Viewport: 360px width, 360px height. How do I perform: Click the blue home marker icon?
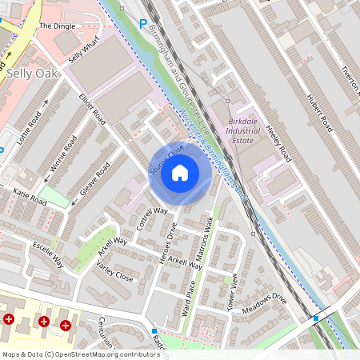[x=180, y=172]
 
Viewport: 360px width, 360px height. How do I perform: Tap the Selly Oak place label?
[x=29, y=73]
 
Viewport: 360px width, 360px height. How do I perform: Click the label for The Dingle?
[x=56, y=26]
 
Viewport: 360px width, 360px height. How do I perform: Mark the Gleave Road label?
[x=94, y=180]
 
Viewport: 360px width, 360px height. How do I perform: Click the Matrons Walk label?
[x=205, y=237]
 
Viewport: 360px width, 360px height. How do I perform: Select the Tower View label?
[x=234, y=292]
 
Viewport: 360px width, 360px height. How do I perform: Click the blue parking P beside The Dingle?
[x=143, y=24]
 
